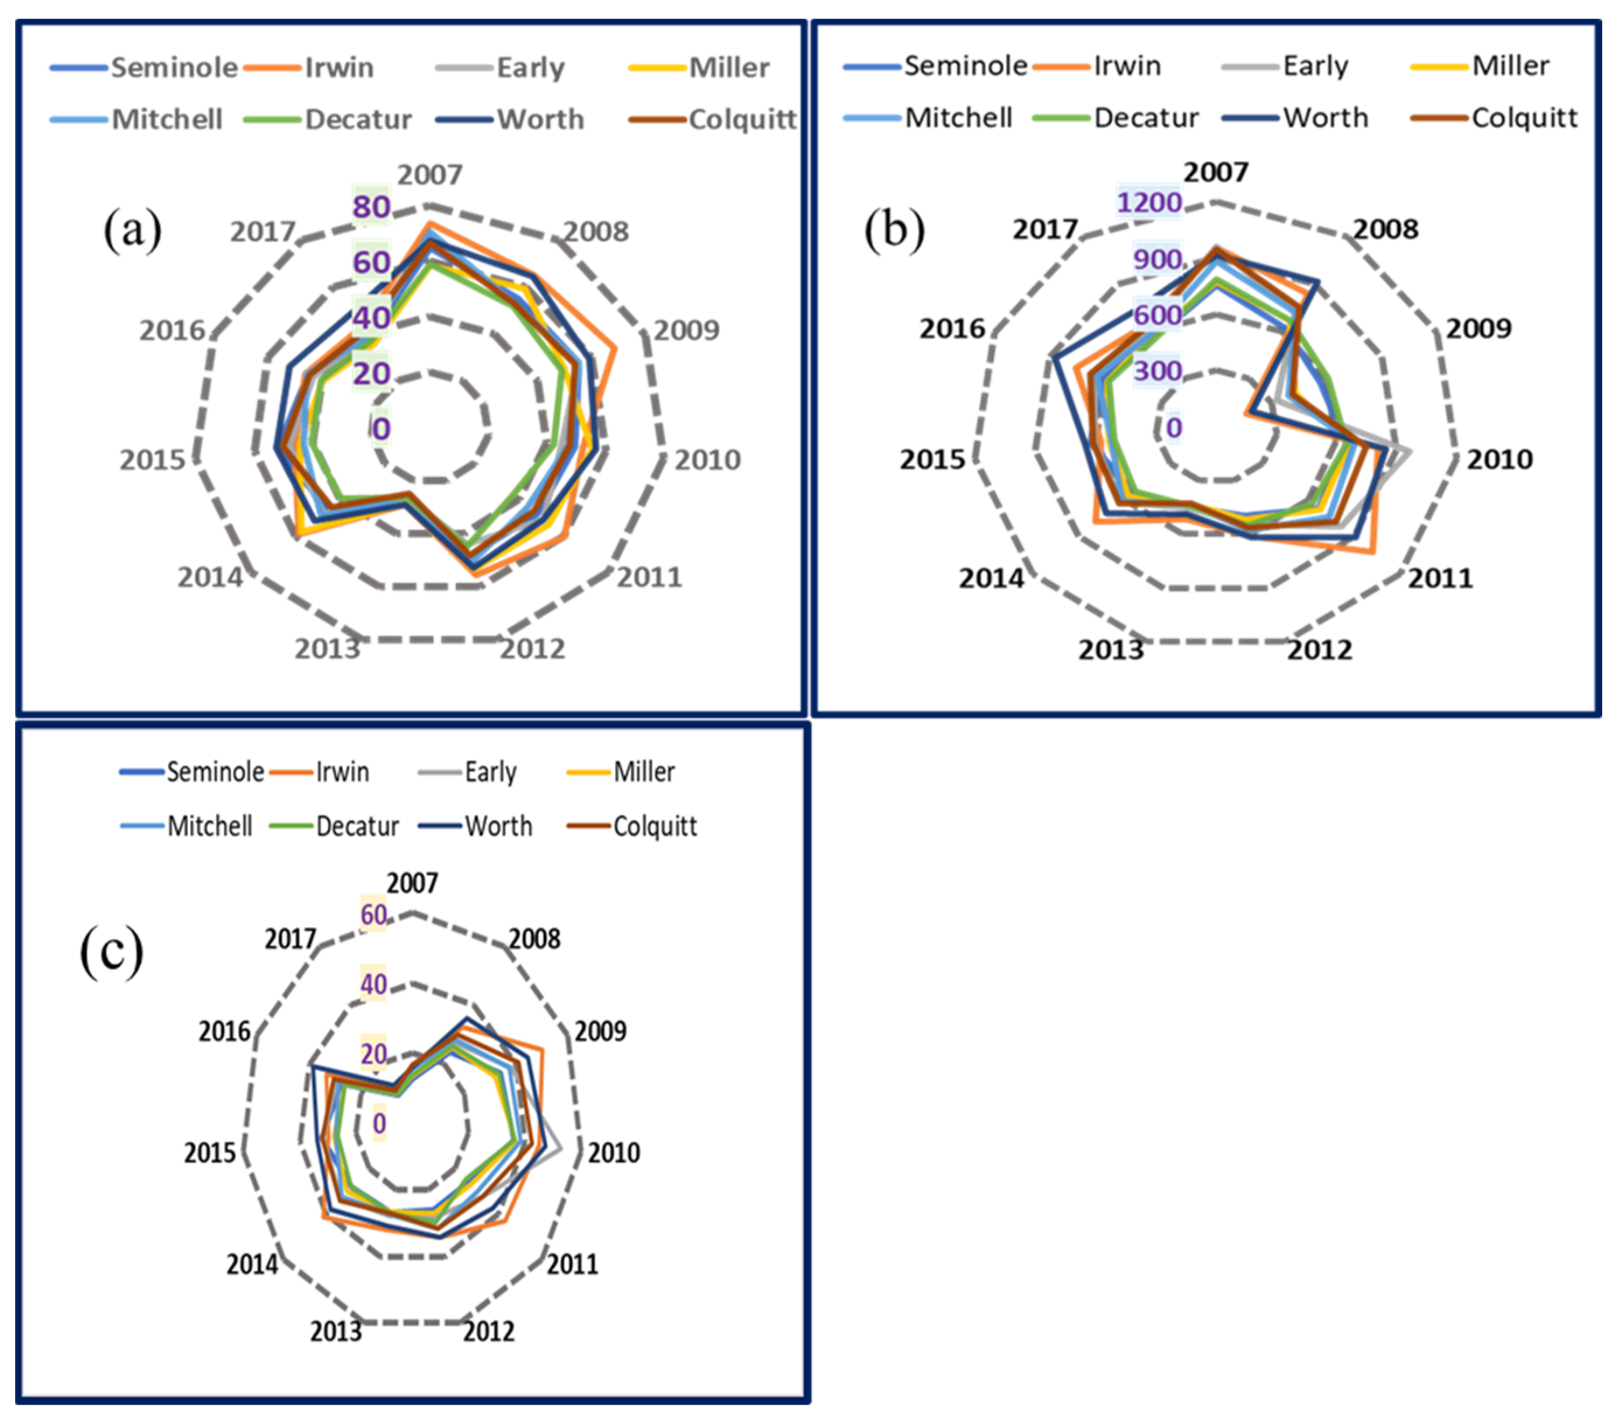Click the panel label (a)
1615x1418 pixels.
click(133, 230)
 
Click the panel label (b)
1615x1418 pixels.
click(894, 230)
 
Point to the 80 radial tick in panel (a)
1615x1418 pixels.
click(371, 207)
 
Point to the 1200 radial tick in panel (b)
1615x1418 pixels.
click(1149, 203)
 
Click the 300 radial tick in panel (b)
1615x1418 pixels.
click(1158, 370)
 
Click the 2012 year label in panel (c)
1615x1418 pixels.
click(489, 1331)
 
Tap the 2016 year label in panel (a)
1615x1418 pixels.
click(172, 330)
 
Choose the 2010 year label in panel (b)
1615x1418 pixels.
click(1499, 459)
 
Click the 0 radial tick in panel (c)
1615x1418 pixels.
click(379, 1123)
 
